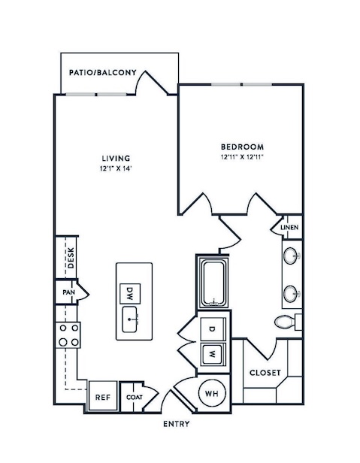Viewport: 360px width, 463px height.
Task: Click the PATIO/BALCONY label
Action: (103, 73)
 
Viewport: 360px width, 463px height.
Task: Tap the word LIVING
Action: (116, 159)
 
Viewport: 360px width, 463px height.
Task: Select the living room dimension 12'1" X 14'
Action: (116, 169)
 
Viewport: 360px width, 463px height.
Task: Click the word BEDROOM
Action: (243, 147)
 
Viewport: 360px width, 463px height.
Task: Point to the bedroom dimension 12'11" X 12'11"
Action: (242, 157)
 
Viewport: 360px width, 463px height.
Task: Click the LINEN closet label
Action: (289, 228)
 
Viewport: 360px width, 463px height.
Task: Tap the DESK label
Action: (71, 258)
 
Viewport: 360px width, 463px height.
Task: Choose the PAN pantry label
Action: (68, 292)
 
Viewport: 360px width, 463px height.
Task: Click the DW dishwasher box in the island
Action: (130, 293)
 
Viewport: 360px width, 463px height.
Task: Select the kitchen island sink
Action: (129, 319)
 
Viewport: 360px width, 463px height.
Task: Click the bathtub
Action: (213, 283)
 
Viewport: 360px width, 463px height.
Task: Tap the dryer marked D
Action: (213, 328)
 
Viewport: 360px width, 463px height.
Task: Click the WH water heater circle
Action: (212, 393)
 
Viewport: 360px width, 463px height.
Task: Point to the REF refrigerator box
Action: (103, 395)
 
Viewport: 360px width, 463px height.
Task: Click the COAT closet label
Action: (135, 398)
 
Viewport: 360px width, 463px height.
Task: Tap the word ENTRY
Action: (177, 424)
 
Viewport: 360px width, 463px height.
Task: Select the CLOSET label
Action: (265, 373)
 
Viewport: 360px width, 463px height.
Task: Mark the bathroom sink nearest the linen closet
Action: (292, 256)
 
